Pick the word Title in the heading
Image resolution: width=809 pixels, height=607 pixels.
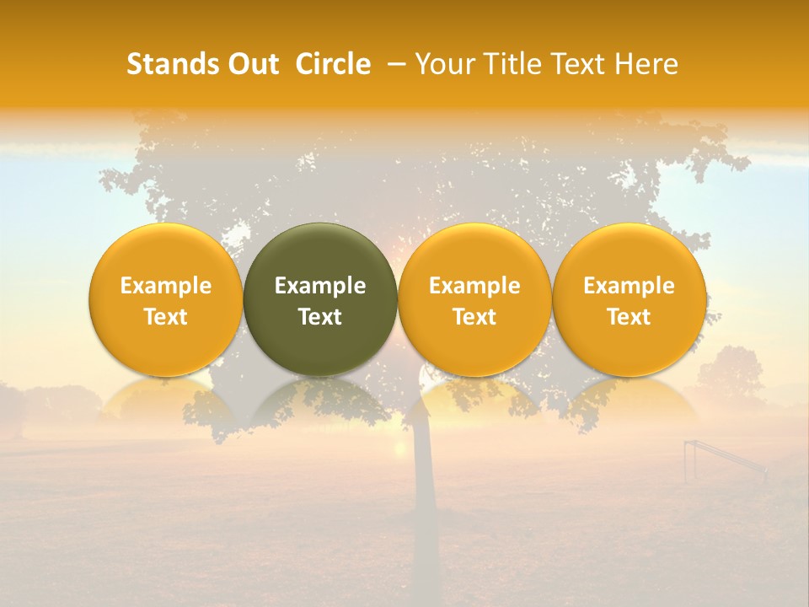pyautogui.click(x=512, y=64)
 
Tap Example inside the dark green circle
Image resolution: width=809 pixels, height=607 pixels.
pyautogui.click(x=320, y=286)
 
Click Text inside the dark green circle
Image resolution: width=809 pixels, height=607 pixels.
pyautogui.click(x=320, y=317)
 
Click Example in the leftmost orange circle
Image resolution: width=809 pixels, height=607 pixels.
pyautogui.click(x=166, y=286)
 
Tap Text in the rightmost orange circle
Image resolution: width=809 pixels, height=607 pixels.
pyautogui.click(x=629, y=317)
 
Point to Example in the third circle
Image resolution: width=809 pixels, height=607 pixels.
pyautogui.click(x=474, y=286)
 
